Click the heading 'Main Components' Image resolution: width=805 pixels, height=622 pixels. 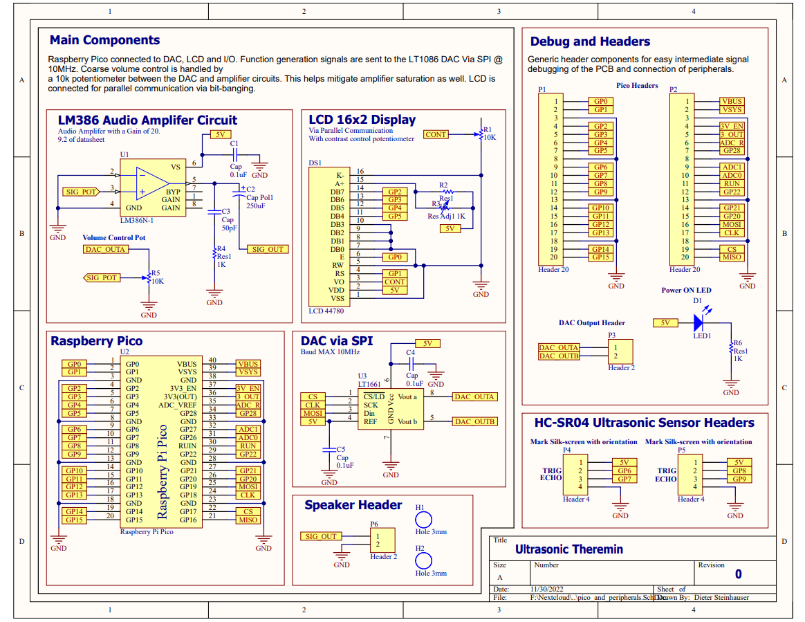point(104,40)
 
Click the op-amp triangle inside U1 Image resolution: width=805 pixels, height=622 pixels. point(152,183)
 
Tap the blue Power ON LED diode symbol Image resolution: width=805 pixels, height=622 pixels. point(698,322)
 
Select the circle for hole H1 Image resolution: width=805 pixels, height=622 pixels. point(423,520)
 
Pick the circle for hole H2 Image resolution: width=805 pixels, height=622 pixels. point(423,561)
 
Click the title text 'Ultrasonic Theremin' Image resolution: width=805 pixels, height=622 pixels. point(569,549)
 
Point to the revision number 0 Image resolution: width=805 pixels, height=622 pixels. point(738,574)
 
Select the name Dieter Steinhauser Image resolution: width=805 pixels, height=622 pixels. point(721,597)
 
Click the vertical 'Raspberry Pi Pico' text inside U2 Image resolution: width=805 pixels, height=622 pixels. point(163,471)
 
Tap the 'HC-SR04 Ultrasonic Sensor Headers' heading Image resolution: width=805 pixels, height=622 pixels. point(645,423)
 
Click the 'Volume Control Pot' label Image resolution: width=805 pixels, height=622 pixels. point(114,238)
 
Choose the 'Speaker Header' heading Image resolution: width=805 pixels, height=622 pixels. point(353,505)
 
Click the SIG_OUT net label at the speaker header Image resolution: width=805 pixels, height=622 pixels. point(321,536)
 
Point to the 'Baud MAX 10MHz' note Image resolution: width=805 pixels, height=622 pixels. point(330,352)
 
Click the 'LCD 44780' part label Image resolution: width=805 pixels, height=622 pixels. point(326,311)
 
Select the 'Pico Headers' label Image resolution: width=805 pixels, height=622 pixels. point(637,86)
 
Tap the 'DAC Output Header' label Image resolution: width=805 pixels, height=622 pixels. point(592,323)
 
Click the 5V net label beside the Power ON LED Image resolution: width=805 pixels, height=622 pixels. point(665,322)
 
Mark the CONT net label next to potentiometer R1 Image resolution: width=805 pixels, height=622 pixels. point(436,134)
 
